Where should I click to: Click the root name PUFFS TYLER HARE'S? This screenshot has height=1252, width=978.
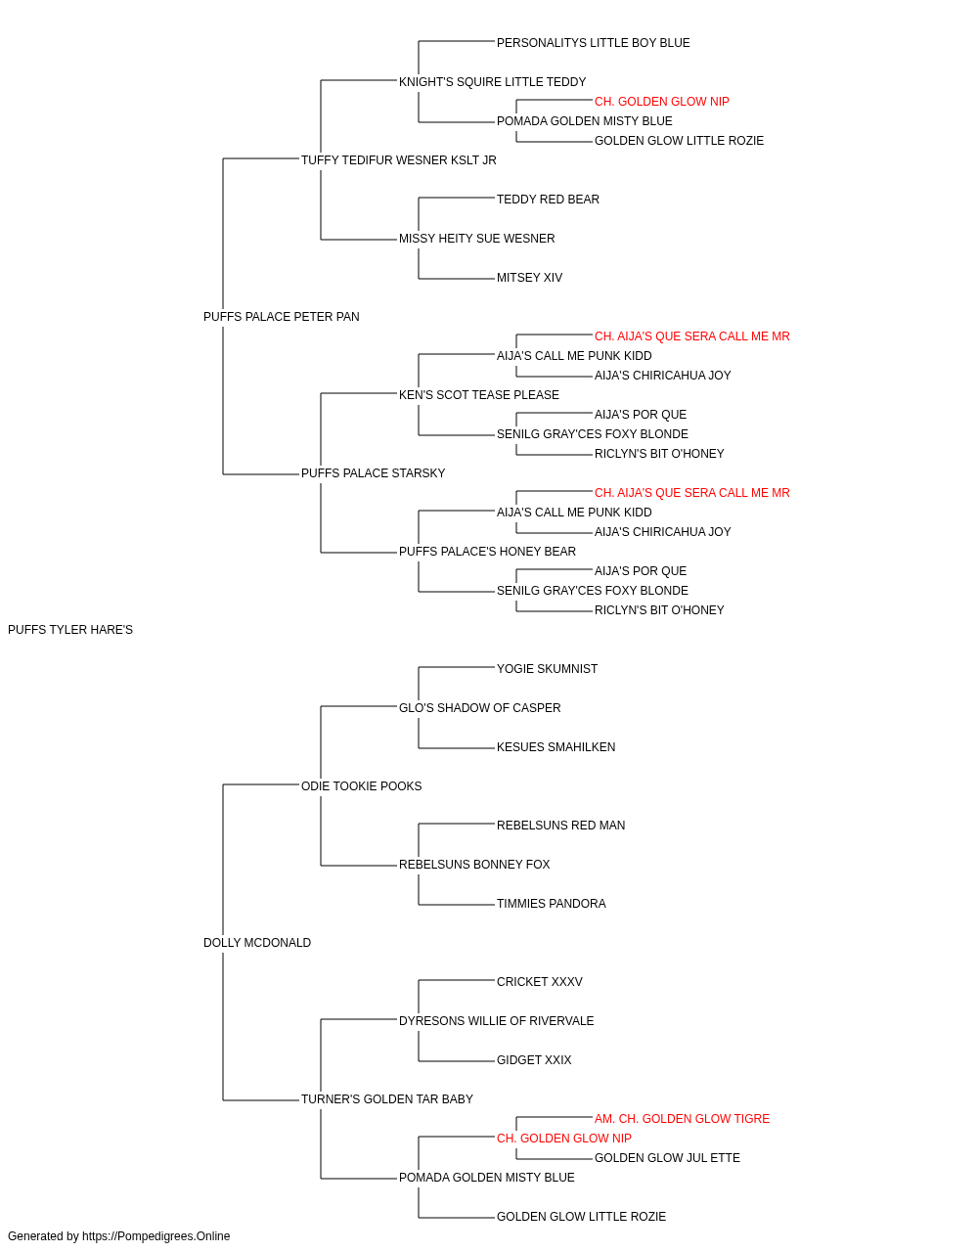point(70,630)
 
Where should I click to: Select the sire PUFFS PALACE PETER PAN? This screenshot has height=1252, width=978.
point(281,317)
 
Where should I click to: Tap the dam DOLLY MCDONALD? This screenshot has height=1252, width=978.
point(257,943)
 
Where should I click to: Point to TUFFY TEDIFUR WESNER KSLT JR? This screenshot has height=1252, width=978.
point(399,160)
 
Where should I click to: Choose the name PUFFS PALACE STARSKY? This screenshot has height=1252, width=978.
point(374,473)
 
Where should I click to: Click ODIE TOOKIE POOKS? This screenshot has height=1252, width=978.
point(361,786)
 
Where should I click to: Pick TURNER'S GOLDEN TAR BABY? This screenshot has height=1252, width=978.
point(387,1099)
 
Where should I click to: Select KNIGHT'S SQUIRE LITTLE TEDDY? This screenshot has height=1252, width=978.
point(493,82)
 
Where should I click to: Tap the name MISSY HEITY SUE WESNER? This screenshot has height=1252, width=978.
point(477,239)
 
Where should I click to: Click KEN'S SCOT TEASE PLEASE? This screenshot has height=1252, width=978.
point(479,395)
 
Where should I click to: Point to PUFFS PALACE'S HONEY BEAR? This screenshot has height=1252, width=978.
point(487,552)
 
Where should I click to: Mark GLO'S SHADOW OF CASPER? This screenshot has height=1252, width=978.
point(480,708)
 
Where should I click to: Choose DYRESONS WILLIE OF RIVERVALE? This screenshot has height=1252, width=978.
point(497,1021)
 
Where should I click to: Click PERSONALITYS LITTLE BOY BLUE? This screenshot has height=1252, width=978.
point(594,43)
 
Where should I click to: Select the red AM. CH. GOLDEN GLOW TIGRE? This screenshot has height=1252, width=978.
point(682,1119)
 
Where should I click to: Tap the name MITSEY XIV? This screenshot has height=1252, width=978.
point(529,278)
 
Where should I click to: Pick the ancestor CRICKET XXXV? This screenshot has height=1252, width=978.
point(540,982)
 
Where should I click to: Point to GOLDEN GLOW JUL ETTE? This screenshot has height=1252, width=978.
point(667,1158)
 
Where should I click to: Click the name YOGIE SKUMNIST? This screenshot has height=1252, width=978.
point(547,669)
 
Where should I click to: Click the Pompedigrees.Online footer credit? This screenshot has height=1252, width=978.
point(118,1236)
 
